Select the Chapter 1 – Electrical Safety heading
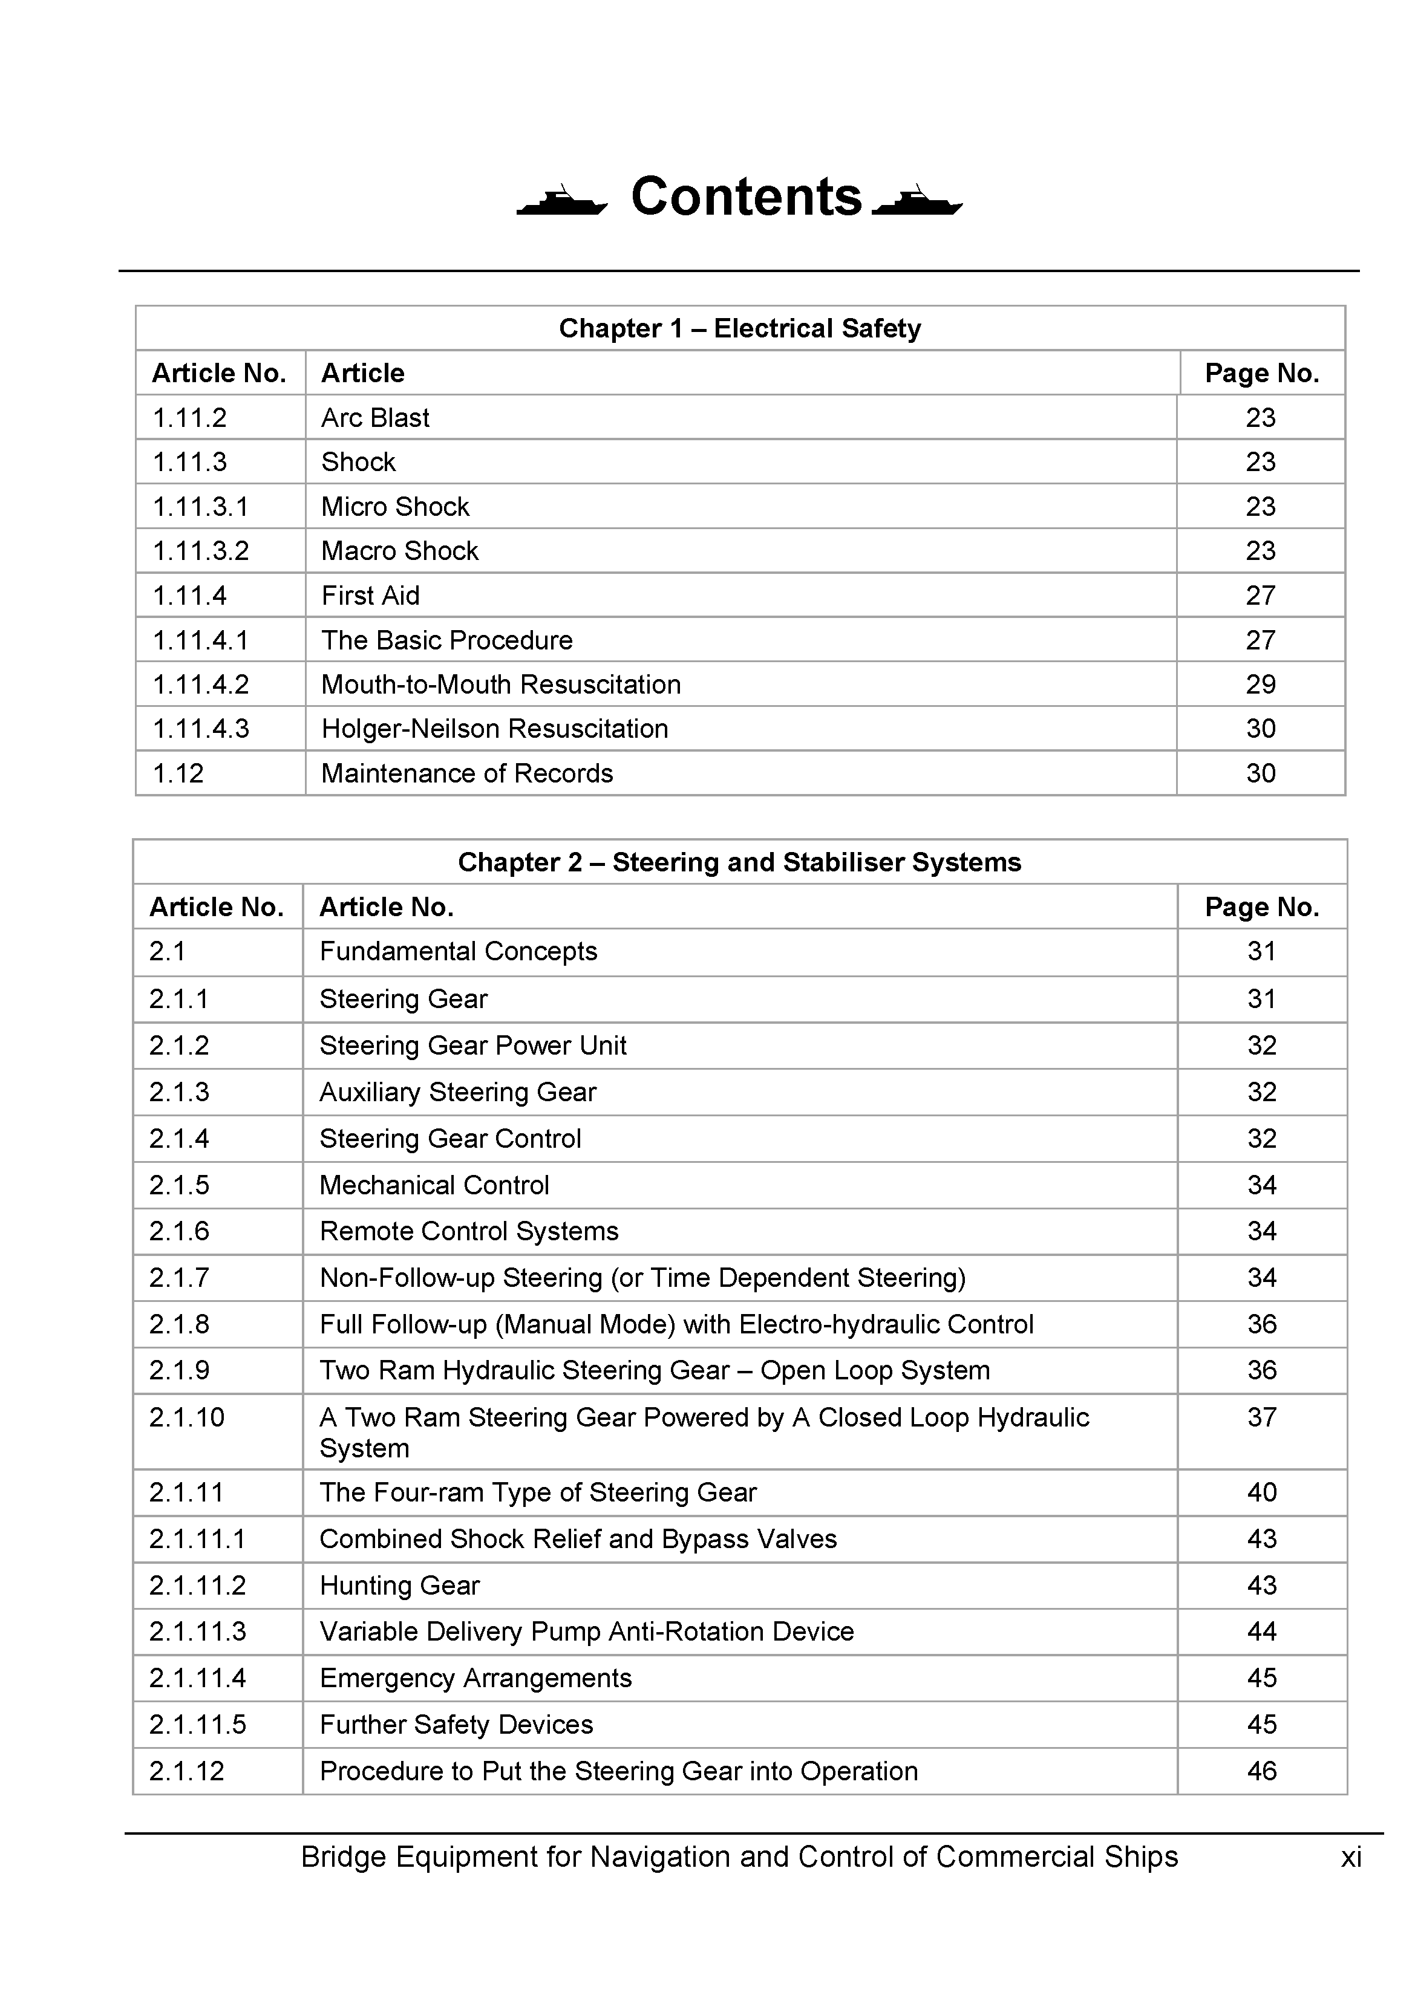(x=739, y=328)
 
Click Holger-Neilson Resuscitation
(x=494, y=729)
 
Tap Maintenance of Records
(x=466, y=773)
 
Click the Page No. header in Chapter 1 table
(x=1261, y=373)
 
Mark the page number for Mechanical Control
(x=1261, y=1185)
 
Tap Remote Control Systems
(x=469, y=1231)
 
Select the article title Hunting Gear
(x=399, y=1586)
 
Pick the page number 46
(x=1261, y=1771)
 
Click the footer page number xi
(x=1350, y=1857)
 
